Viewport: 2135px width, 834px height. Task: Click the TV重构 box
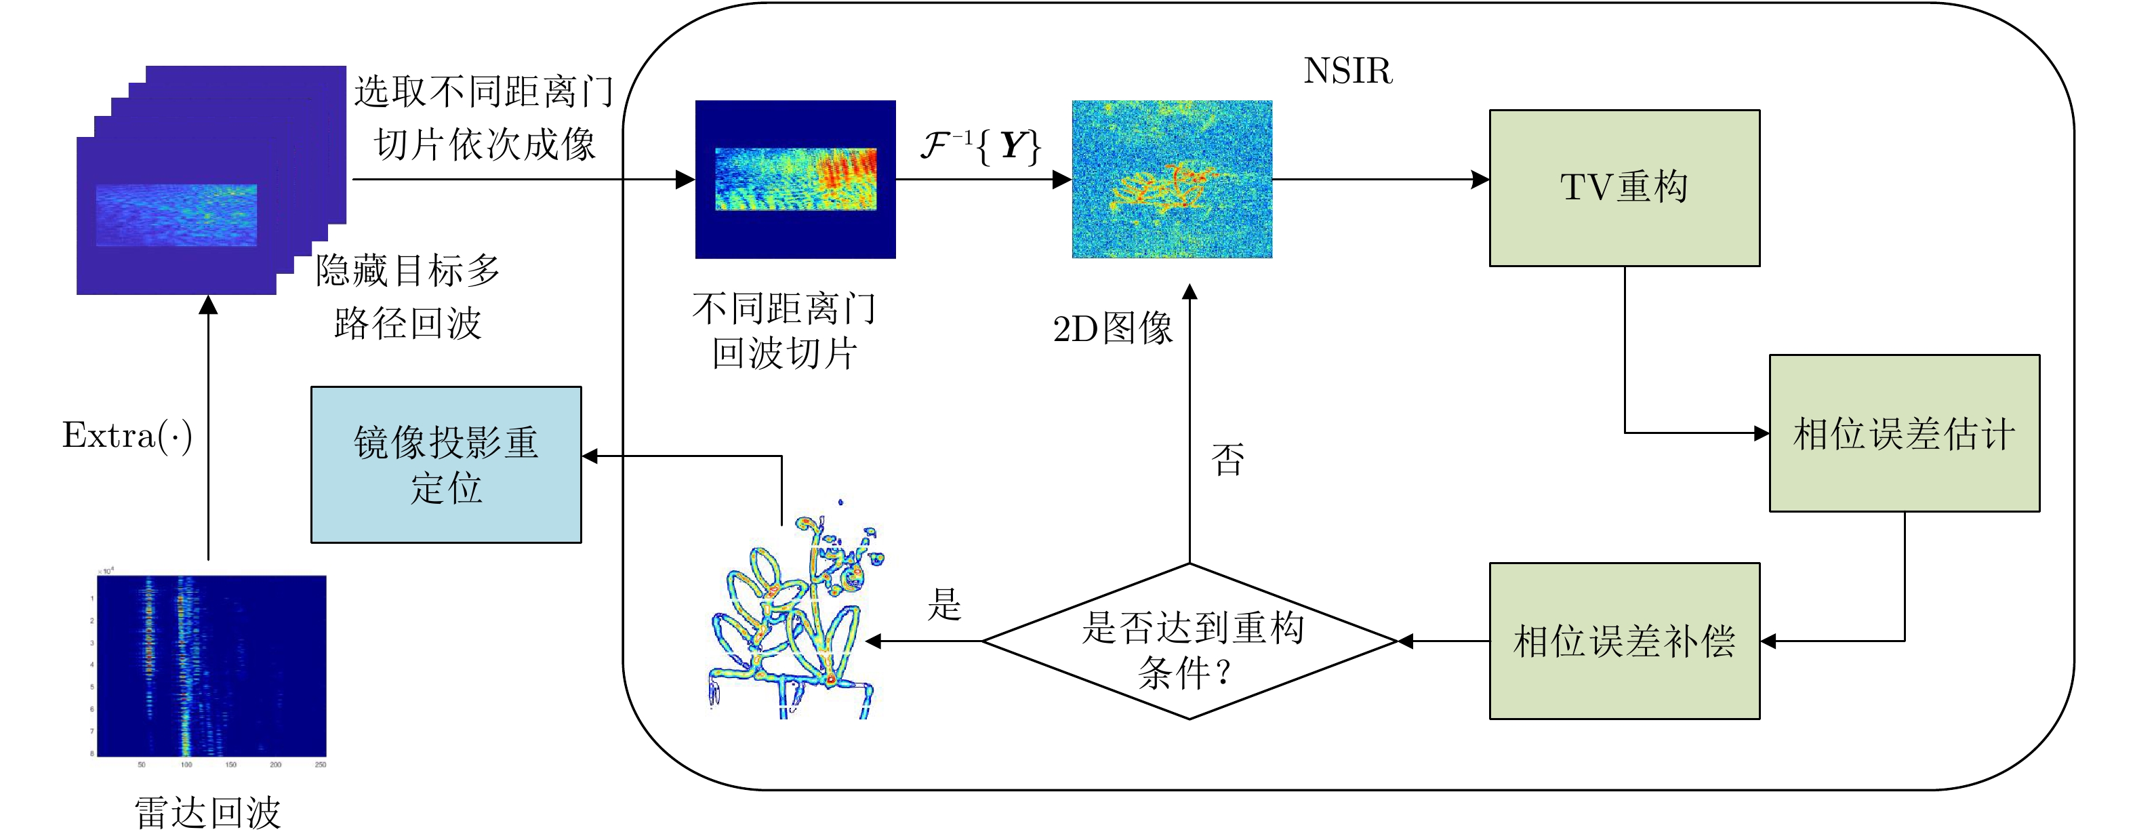[1624, 187]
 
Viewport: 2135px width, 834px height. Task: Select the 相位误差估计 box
[1904, 433]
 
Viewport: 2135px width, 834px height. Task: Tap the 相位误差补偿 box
[1624, 641]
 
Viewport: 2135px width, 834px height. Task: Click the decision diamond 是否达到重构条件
[1189, 641]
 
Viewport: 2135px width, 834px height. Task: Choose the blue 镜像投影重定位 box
[446, 464]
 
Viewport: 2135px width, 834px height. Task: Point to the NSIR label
[1347, 71]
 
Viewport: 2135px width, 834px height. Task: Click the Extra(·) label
[127, 435]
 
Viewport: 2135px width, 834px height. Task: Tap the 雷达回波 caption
[208, 812]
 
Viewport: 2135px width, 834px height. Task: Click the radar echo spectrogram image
[211, 666]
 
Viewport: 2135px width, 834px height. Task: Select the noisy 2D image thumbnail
[1172, 179]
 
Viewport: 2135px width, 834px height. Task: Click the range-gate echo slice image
[795, 179]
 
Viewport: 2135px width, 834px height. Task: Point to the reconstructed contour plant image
[796, 618]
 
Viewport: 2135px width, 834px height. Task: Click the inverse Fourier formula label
[981, 146]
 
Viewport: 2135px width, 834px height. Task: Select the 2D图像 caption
[1113, 329]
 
